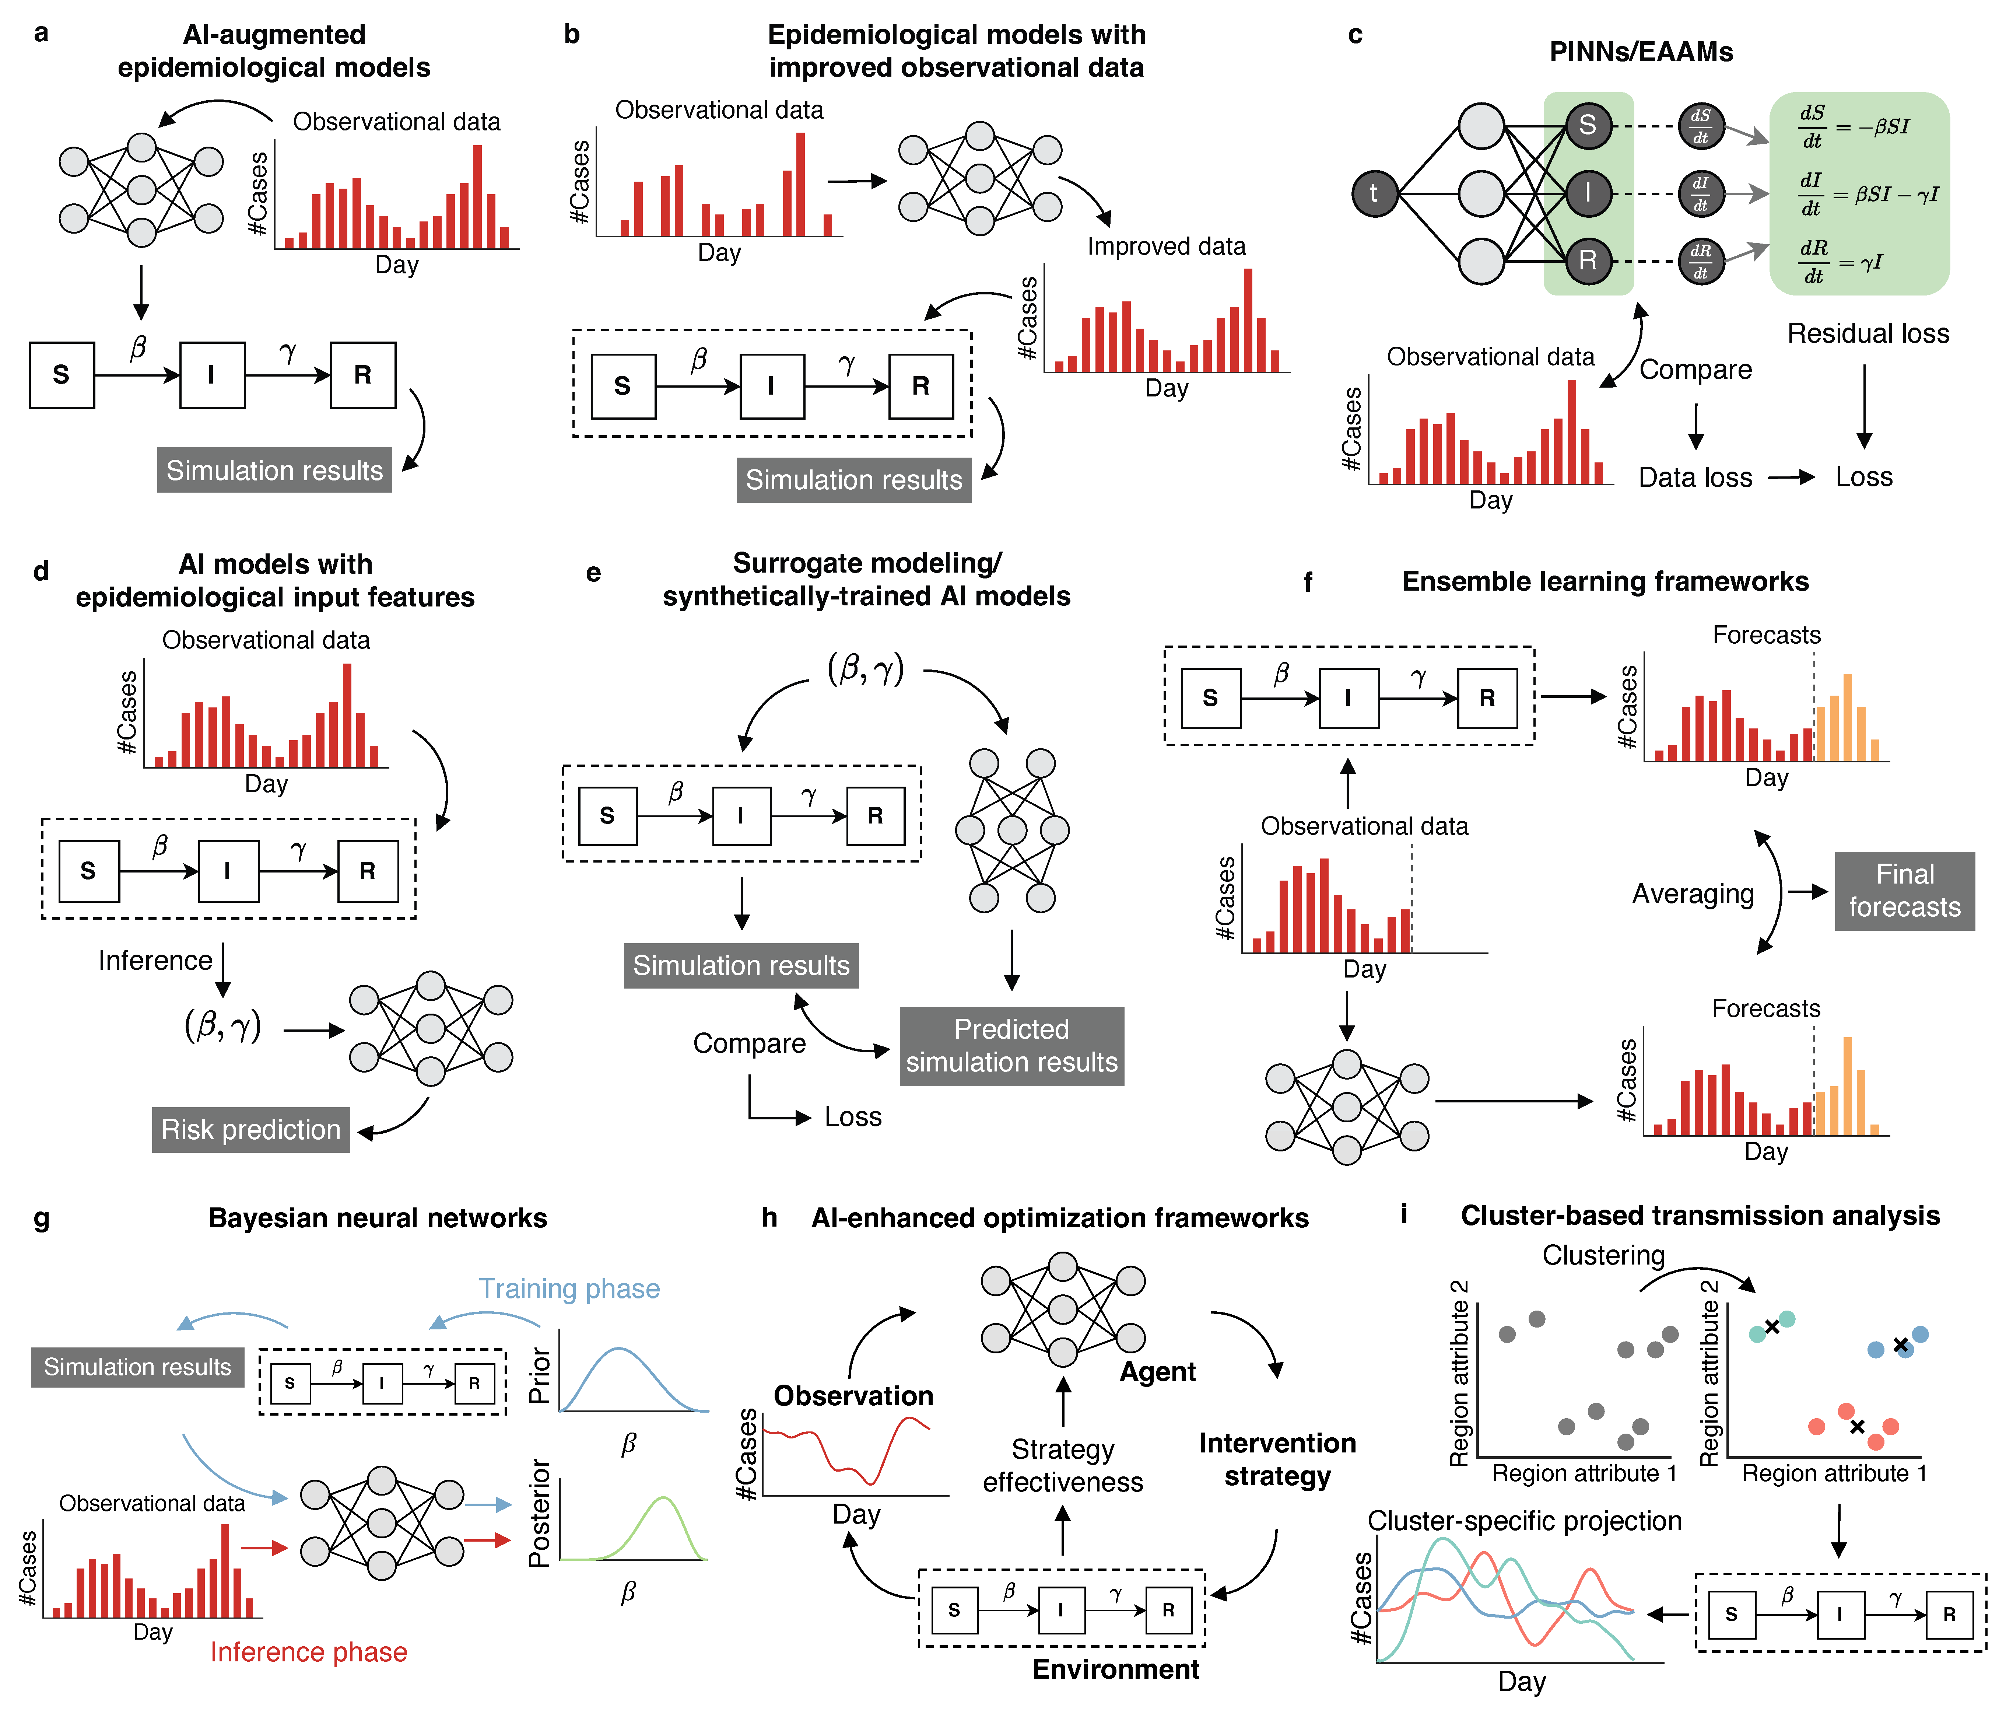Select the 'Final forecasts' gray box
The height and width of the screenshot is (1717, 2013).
pyautogui.click(x=1904, y=891)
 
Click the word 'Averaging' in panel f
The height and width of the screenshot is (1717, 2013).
pyautogui.click(x=1693, y=894)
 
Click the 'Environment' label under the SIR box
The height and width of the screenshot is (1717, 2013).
pyautogui.click(x=1115, y=1669)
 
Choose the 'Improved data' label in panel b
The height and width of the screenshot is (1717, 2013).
pyautogui.click(x=1166, y=247)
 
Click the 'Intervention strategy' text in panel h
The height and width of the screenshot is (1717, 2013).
pyautogui.click(x=1277, y=1459)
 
